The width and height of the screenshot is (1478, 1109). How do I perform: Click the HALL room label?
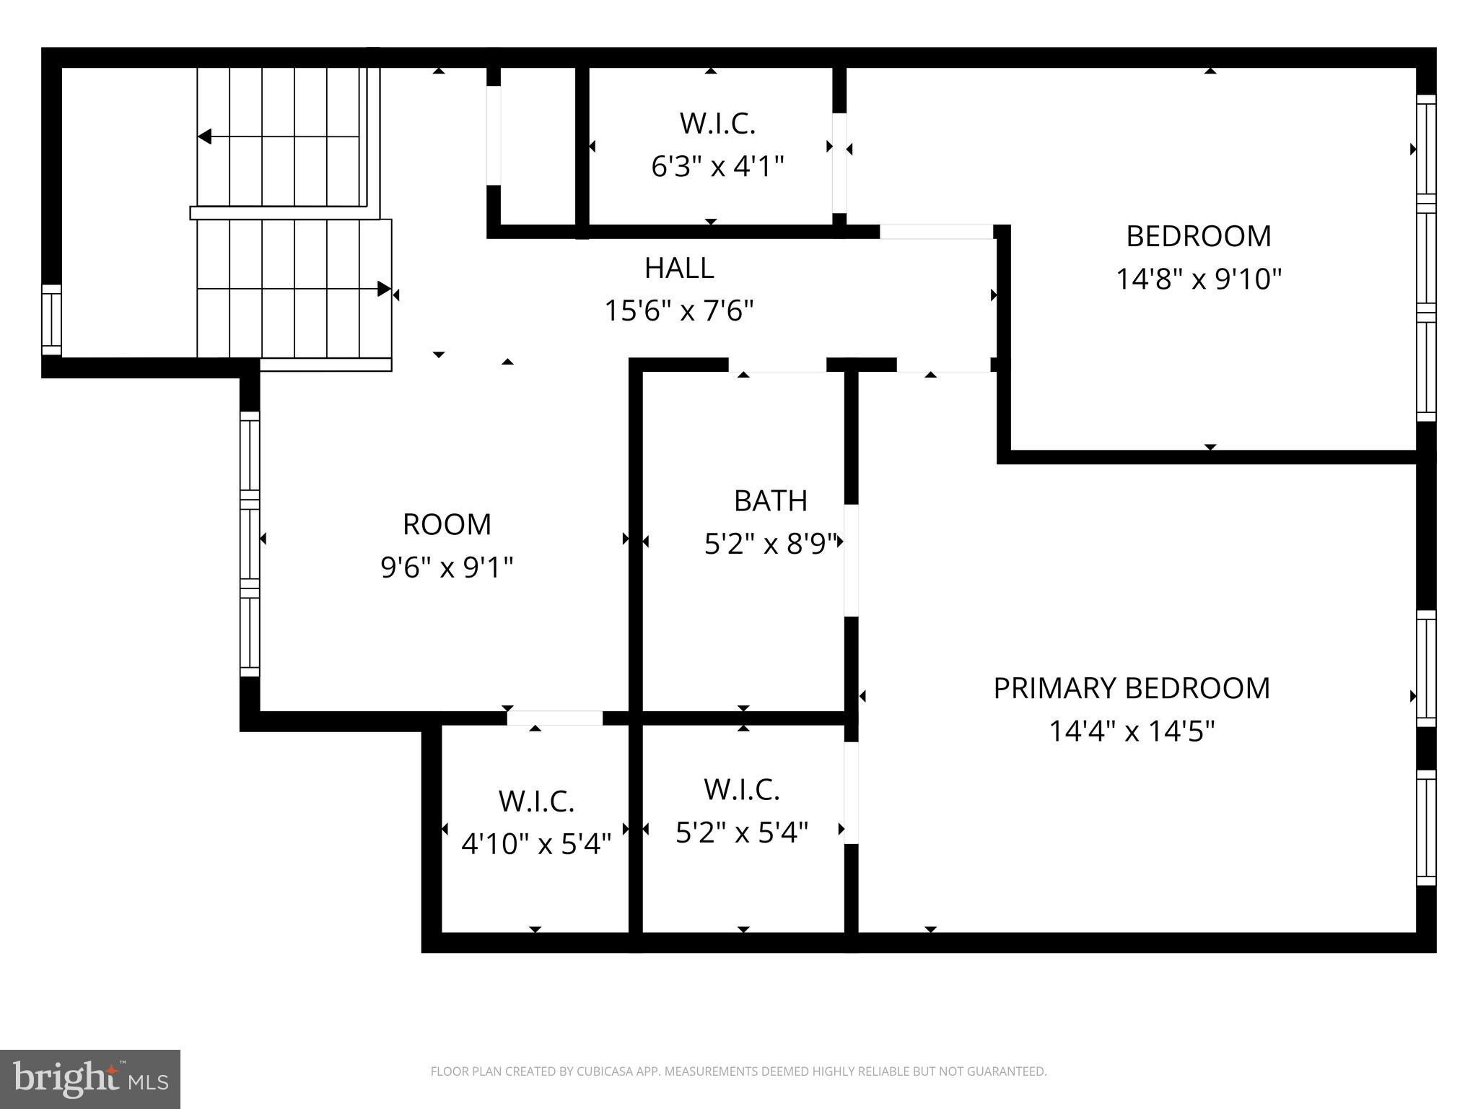pos(679,269)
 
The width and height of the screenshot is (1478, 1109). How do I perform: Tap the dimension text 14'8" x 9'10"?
pos(1199,279)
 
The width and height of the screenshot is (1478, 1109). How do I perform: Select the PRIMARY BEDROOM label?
pos(1131,689)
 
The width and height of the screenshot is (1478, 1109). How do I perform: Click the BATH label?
pos(770,501)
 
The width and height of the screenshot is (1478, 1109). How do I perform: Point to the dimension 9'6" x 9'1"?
pos(447,568)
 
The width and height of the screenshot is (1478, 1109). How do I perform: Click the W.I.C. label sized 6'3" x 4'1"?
pos(717,124)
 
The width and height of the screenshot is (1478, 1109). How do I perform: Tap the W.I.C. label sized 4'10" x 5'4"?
pos(536,801)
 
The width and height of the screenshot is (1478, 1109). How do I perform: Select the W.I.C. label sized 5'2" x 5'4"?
pos(742,790)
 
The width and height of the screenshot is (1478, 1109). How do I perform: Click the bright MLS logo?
pos(90,1079)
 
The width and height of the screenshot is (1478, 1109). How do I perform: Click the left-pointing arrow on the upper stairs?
pos(205,136)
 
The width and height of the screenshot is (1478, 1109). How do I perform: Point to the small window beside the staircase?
pos(51,320)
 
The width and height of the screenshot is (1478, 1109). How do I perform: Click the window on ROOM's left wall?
pos(249,544)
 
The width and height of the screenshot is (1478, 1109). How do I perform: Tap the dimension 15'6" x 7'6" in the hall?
pos(679,312)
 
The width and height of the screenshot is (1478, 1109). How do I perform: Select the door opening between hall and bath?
pos(777,365)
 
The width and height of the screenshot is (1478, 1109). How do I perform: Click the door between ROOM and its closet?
pos(554,718)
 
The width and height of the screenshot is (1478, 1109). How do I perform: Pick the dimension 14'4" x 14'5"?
pos(1131,732)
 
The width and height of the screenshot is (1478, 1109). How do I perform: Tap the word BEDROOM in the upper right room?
pos(1199,237)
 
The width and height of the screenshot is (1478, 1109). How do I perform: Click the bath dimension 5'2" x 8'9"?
pos(770,544)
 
